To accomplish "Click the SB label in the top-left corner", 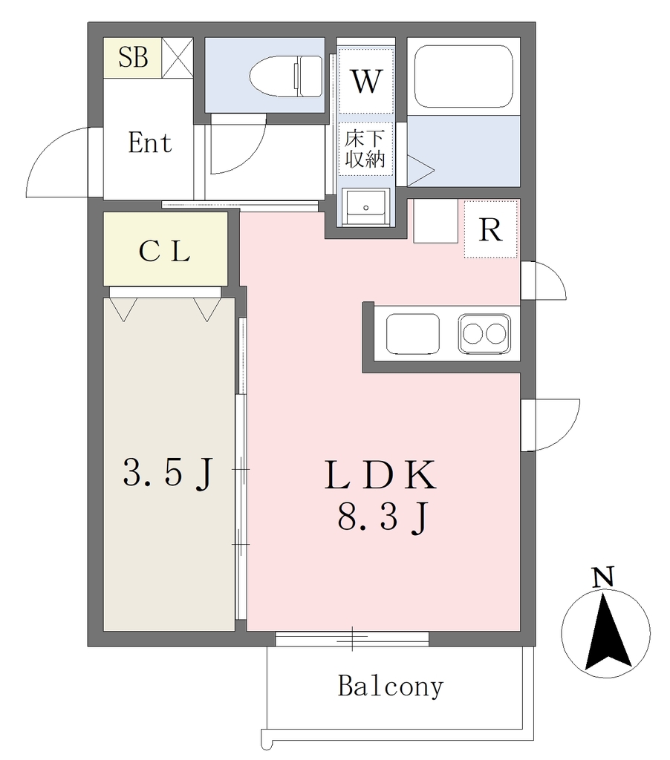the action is tap(133, 57).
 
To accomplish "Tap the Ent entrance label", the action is tap(150, 142).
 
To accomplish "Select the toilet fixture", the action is tap(286, 76).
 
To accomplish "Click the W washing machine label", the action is tap(366, 81).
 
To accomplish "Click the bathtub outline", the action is tap(464, 76).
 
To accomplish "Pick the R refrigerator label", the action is tap(490, 230).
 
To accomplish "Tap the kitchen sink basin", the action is tap(413, 333).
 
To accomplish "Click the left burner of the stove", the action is tap(473, 333).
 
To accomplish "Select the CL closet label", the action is tap(164, 252).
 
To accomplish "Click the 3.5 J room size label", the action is tap(168, 473).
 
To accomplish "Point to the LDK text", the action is tap(380, 474).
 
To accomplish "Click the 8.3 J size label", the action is tap(383, 517).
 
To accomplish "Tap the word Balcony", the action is tap(391, 687).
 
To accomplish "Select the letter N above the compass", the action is tap(603, 577).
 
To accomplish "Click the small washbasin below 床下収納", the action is tap(365, 207).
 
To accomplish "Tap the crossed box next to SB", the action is tap(178, 58).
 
